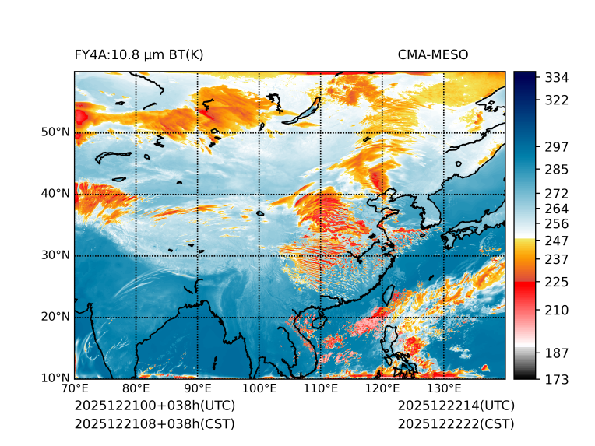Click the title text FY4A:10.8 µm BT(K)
click(x=139, y=54)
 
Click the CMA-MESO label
click(x=433, y=54)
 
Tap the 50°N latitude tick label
click(x=55, y=132)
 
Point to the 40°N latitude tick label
click(x=55, y=194)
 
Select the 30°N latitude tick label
click(x=55, y=255)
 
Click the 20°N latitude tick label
click(x=55, y=317)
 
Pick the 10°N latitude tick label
click(x=55, y=378)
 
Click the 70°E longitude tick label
click(x=75, y=389)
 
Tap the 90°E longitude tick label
click(x=198, y=389)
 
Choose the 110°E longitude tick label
click(x=320, y=389)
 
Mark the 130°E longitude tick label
click(x=443, y=389)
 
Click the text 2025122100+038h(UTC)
click(x=154, y=406)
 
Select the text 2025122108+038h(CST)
click(x=154, y=424)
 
